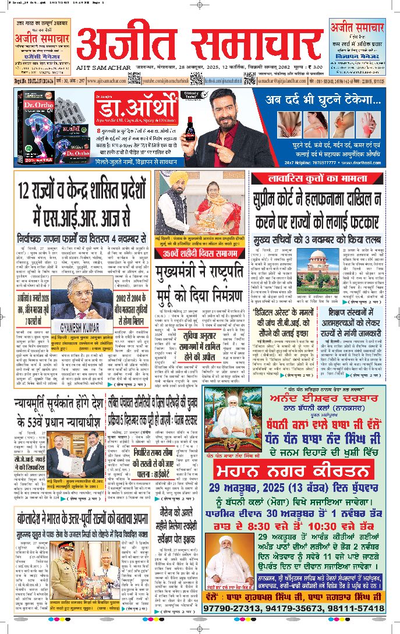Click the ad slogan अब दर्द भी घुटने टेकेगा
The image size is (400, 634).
point(323,100)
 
